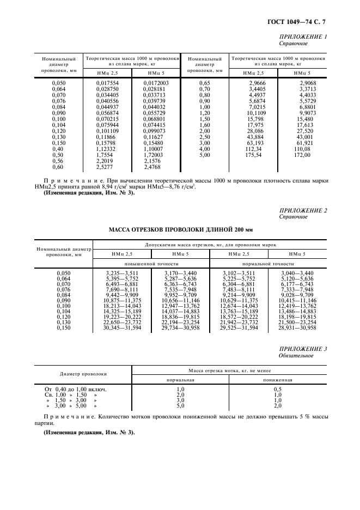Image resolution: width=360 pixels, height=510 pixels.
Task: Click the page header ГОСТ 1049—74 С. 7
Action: pos(300,22)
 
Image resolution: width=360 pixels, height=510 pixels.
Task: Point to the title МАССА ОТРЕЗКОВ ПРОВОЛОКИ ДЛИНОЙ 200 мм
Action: pos(180,229)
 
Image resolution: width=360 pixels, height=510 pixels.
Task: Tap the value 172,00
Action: pos(302,155)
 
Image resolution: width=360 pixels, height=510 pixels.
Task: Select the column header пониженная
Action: pos(277,380)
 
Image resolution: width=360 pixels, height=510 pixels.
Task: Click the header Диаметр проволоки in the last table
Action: pos(83,374)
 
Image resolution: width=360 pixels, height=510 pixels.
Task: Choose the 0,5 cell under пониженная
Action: pos(277,389)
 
